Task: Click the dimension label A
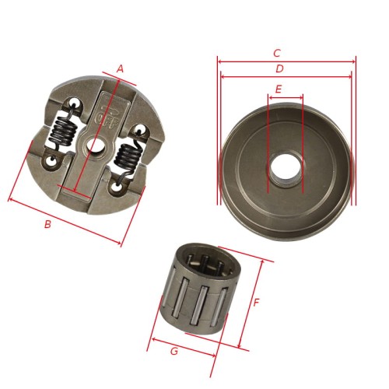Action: tap(120, 69)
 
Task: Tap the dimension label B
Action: tap(47, 224)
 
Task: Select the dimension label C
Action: tap(277, 53)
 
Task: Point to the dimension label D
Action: tap(279, 68)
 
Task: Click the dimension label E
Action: tap(279, 89)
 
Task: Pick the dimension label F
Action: tap(256, 303)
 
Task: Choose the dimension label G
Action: tap(174, 351)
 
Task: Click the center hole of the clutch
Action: tap(95, 145)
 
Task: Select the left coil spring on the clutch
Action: tap(64, 131)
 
